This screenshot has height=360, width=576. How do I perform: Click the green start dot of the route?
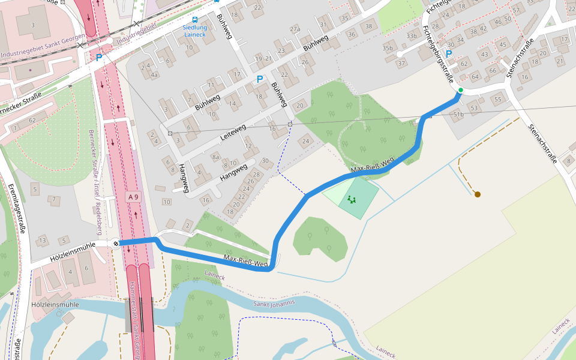[460, 91]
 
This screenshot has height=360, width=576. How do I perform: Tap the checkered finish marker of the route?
[115, 243]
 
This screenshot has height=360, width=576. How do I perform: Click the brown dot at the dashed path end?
[478, 194]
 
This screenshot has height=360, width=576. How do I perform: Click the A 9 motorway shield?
[133, 197]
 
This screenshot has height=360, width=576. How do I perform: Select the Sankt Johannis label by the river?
[274, 303]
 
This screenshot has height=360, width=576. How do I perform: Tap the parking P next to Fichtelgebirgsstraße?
[448, 53]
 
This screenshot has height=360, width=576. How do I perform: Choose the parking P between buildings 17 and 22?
[260, 79]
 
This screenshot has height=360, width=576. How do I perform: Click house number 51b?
[458, 114]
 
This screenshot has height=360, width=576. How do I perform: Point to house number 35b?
[388, 48]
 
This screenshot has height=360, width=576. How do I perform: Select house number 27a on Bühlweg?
[295, 29]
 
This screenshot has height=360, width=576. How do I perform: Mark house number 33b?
[411, 36]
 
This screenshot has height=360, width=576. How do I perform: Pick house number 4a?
[154, 75]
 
